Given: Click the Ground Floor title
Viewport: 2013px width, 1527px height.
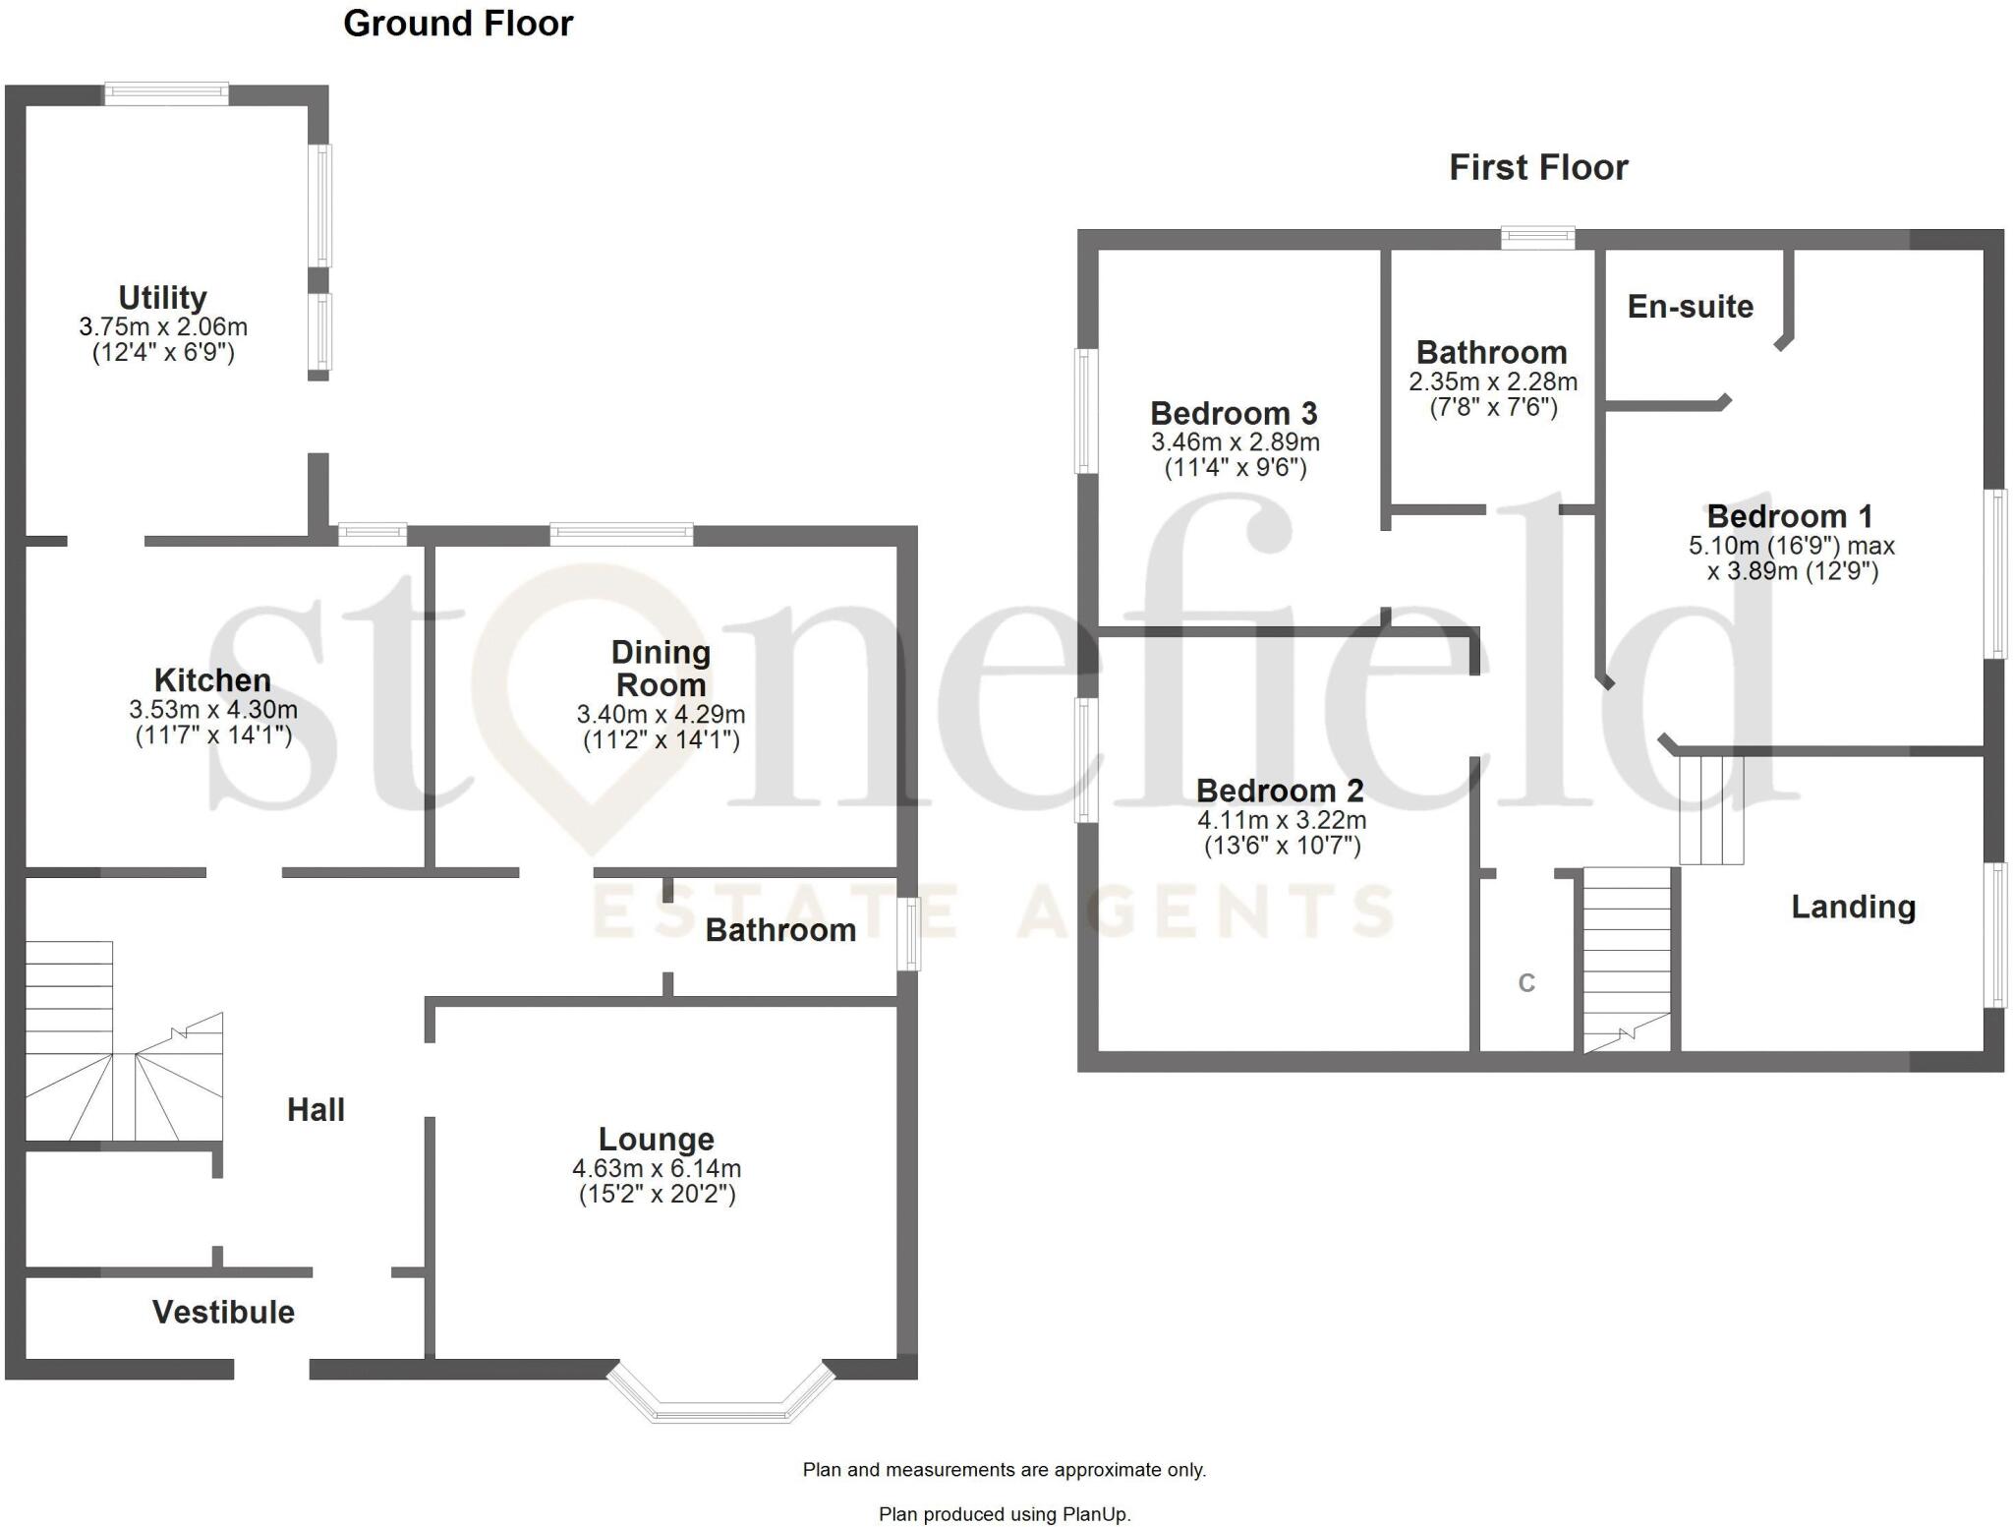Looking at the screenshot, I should tap(458, 24).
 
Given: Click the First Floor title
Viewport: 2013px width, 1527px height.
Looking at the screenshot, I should tap(1538, 167).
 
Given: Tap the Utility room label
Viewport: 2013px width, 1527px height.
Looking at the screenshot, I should tap(162, 297).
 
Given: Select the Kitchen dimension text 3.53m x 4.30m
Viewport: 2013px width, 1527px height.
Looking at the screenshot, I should tap(213, 709).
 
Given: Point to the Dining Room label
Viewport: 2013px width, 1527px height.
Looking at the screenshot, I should tap(661, 668).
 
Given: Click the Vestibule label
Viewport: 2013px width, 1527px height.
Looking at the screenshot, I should tap(223, 1312).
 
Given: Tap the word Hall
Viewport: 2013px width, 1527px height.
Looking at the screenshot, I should tap(316, 1109).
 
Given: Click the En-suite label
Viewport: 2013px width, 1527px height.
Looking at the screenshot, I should tap(1690, 306).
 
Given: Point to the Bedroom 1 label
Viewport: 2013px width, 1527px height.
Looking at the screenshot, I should tap(1789, 515).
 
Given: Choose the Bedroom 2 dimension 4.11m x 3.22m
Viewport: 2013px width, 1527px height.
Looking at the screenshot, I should tap(1282, 819).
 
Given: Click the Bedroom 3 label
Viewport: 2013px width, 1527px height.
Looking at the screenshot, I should tap(1234, 413).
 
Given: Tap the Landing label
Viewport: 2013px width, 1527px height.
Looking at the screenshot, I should tap(1853, 906).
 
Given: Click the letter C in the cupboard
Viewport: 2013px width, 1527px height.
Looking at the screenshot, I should tap(1526, 982).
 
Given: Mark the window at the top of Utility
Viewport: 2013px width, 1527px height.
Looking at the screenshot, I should tap(166, 94).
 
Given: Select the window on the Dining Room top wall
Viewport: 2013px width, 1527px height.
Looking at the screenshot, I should tap(621, 534).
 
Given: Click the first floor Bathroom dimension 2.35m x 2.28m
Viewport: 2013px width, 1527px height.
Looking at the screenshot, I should tap(1492, 382).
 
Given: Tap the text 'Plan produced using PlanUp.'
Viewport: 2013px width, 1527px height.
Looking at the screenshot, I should tap(1005, 1514).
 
